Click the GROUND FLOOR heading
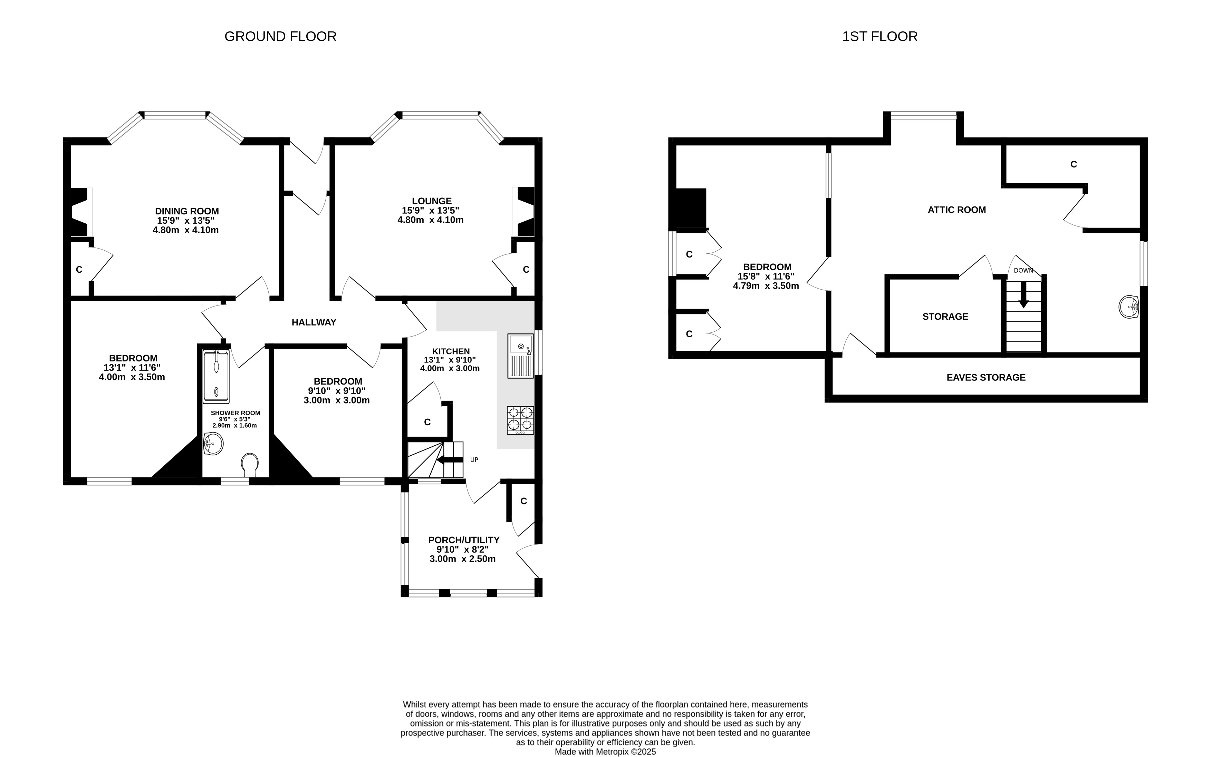point(280,37)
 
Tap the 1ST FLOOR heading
point(880,37)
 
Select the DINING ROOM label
point(187,211)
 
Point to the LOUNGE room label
point(432,201)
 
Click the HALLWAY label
point(314,322)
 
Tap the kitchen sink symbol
point(520,356)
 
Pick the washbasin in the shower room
point(213,444)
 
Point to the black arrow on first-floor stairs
point(1023,295)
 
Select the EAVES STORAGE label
point(986,378)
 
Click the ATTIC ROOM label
point(957,210)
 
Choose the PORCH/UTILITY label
point(464,540)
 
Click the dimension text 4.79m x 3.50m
point(766,286)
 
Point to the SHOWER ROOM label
point(236,413)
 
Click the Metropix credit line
point(605,751)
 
